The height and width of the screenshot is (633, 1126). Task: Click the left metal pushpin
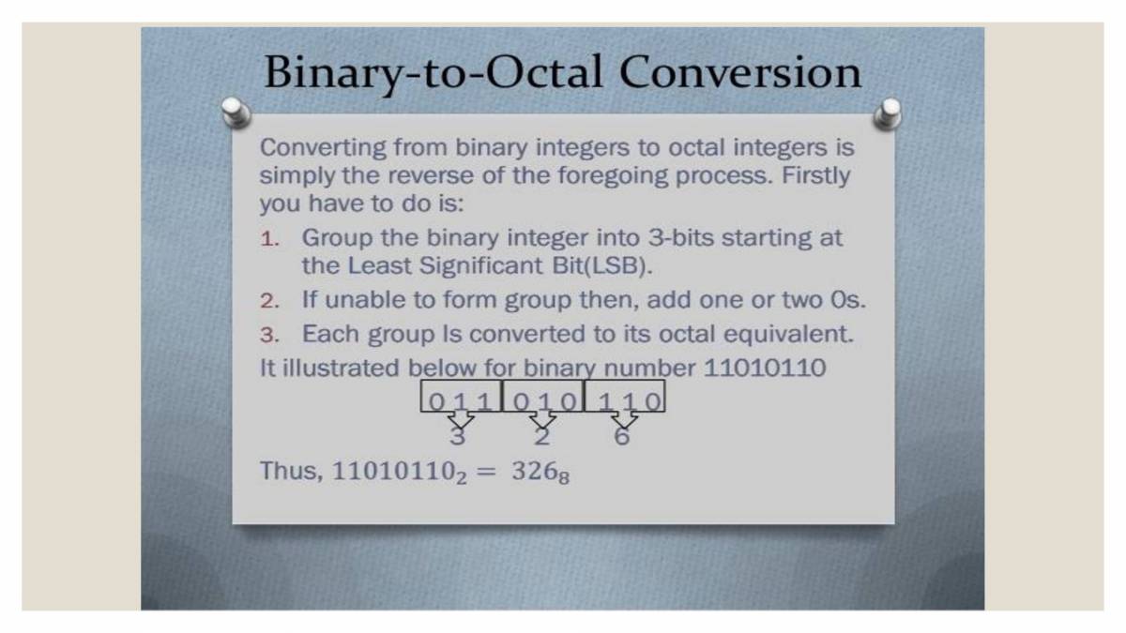click(236, 111)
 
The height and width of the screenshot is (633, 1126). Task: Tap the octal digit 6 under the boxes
click(622, 436)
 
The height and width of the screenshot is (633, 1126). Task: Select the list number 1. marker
click(270, 239)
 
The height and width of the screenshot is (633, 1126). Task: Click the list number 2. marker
click(270, 302)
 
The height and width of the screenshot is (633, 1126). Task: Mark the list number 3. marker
click(270, 335)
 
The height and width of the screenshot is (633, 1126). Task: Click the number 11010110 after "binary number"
click(765, 368)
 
